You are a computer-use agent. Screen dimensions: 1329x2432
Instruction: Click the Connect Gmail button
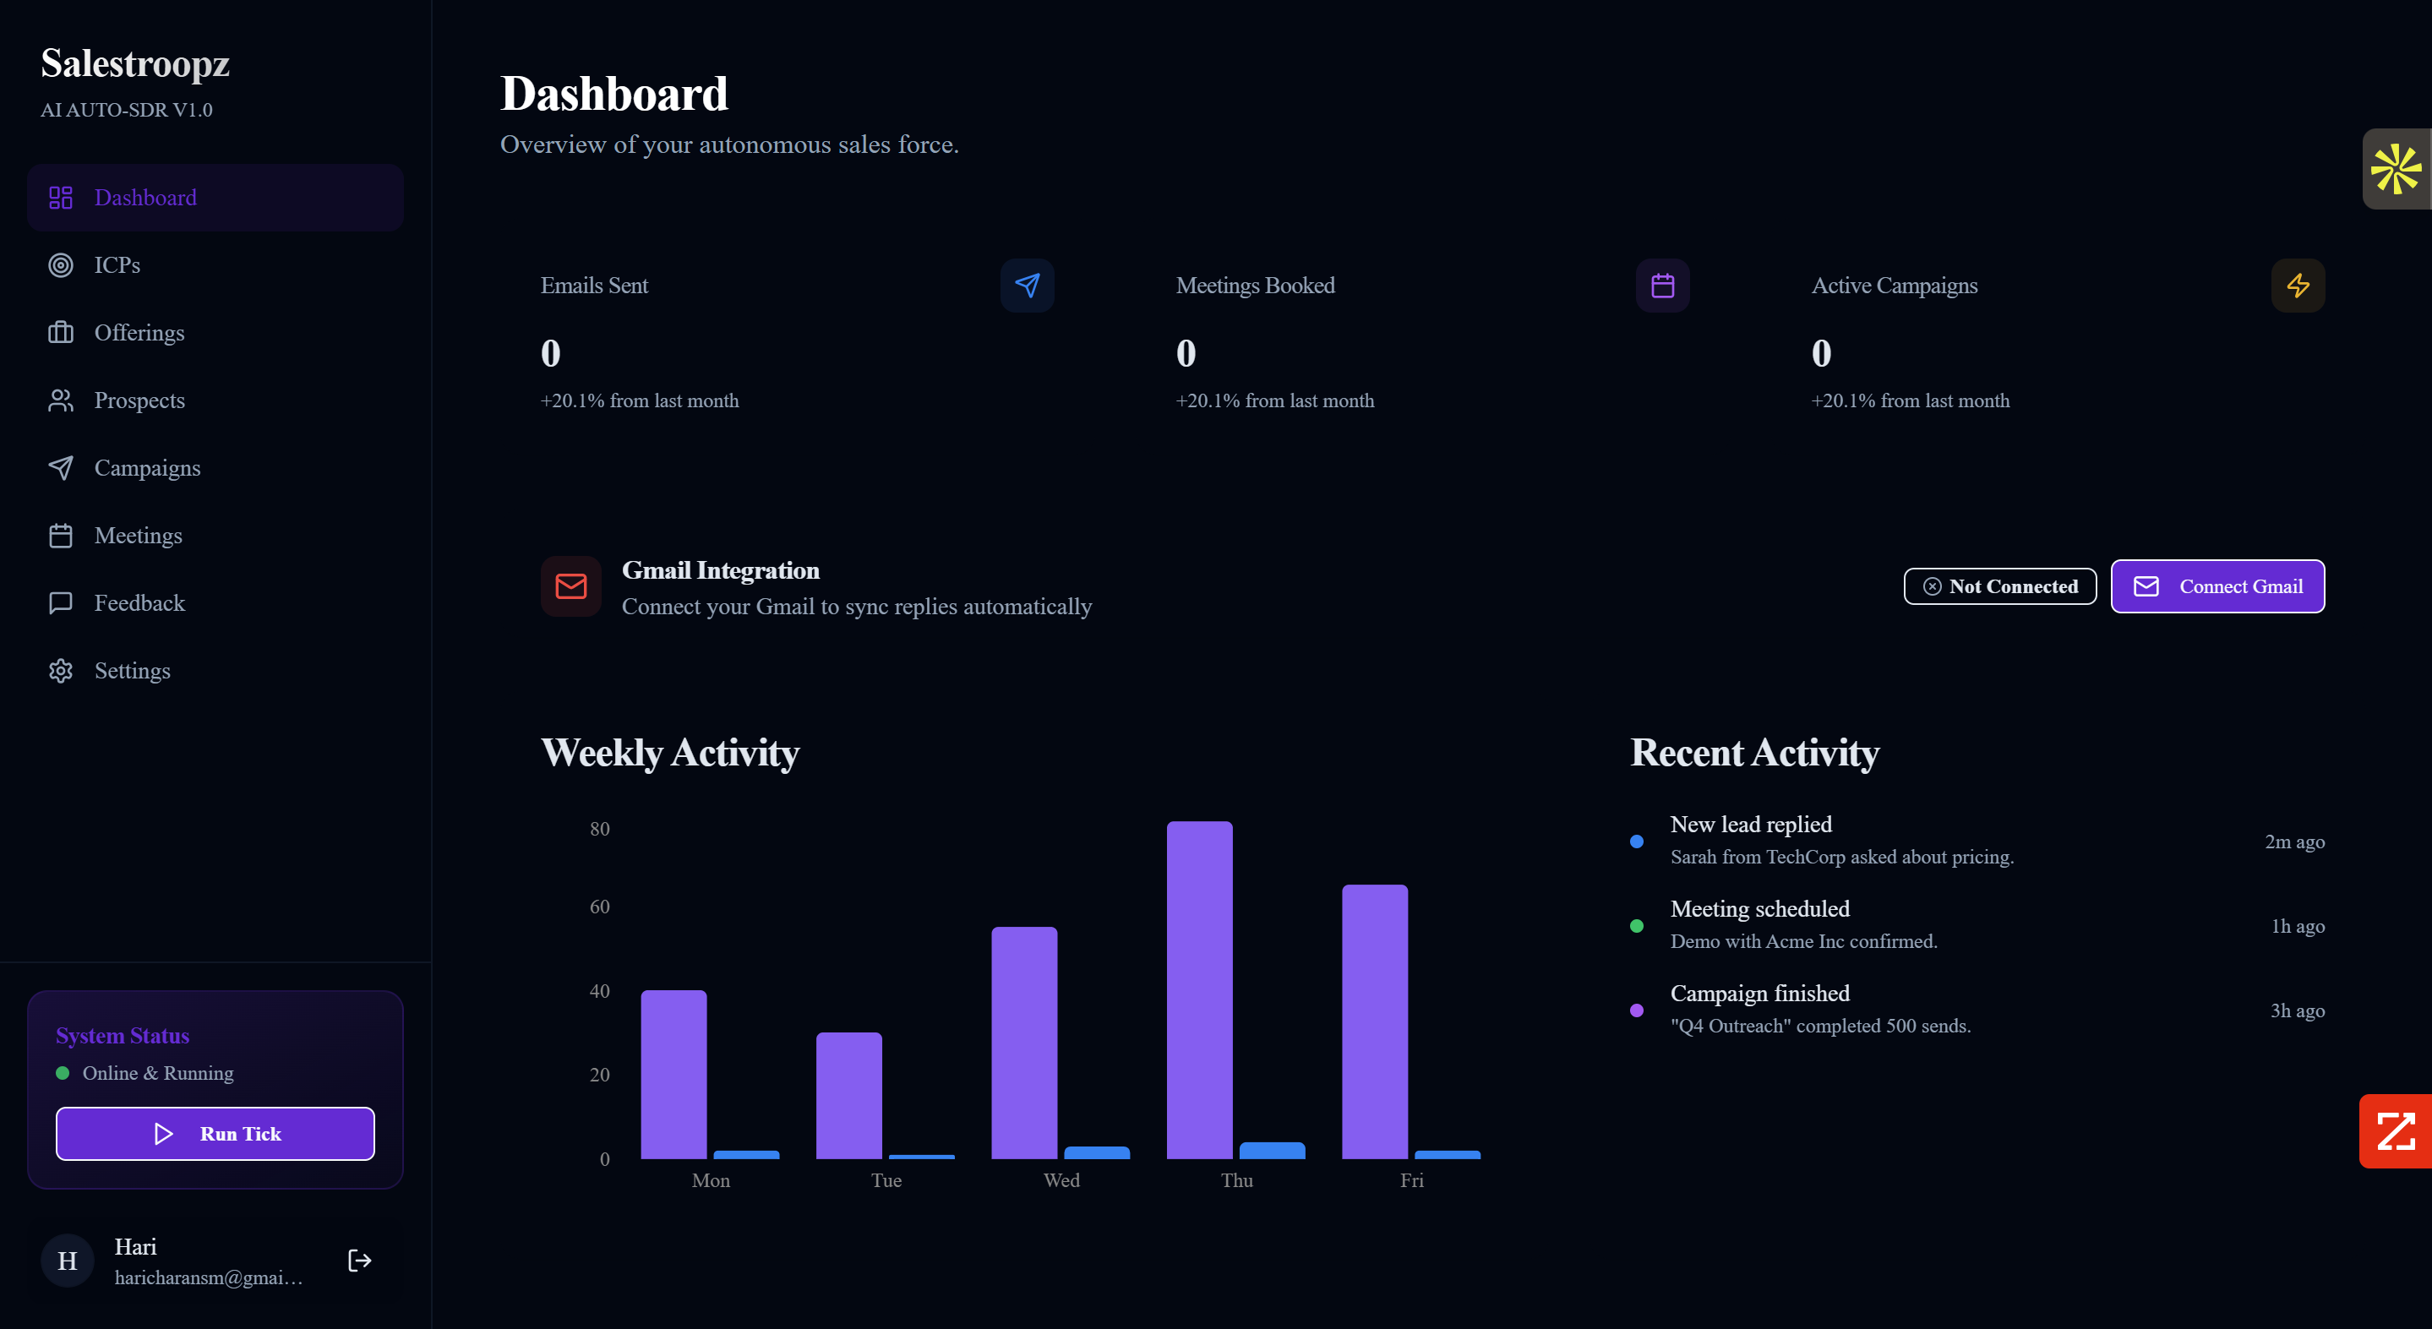2217,586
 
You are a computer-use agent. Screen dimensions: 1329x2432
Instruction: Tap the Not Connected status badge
1999,586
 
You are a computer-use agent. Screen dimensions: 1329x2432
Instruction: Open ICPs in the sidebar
117,265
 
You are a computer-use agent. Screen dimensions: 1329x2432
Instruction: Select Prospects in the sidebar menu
139,400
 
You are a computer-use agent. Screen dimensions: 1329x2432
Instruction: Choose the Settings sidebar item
132,670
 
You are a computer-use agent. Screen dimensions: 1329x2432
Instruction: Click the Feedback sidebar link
139,603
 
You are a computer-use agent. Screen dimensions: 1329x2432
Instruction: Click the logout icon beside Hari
360,1260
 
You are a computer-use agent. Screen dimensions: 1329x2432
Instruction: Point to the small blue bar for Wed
1096,1152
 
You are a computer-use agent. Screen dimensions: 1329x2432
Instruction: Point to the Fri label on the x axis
1411,1179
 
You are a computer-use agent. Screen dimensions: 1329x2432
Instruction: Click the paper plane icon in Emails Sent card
1028,285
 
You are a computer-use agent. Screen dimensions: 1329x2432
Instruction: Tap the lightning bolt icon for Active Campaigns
2297,285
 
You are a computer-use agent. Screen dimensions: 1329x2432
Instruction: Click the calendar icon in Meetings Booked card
1662,285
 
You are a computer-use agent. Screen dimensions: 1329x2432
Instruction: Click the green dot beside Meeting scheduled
1636,926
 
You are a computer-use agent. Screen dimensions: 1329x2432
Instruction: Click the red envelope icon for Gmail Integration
571,586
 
